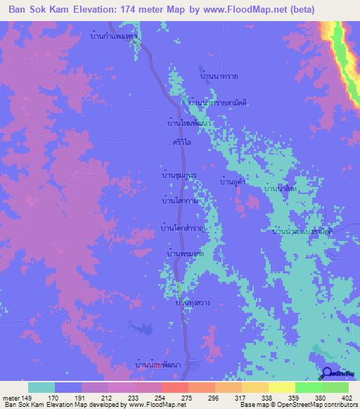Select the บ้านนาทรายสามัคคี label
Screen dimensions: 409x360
point(216,103)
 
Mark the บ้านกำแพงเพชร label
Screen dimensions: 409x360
point(114,34)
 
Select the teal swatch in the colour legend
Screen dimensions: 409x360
point(41,387)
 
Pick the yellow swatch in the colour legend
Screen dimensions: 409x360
point(281,387)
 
